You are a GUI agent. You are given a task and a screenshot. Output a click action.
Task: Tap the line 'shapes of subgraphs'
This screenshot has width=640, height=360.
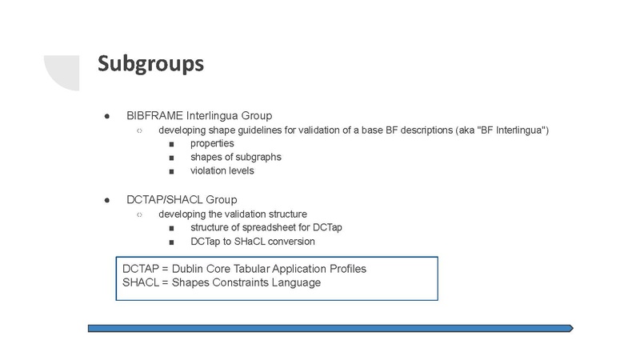point(236,157)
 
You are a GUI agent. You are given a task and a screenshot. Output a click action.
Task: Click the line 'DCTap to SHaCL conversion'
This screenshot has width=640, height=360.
point(253,242)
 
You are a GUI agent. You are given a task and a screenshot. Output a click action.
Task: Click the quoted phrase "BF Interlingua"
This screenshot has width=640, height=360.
point(511,130)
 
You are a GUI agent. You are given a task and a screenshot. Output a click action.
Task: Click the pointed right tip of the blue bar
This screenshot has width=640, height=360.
point(573,328)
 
